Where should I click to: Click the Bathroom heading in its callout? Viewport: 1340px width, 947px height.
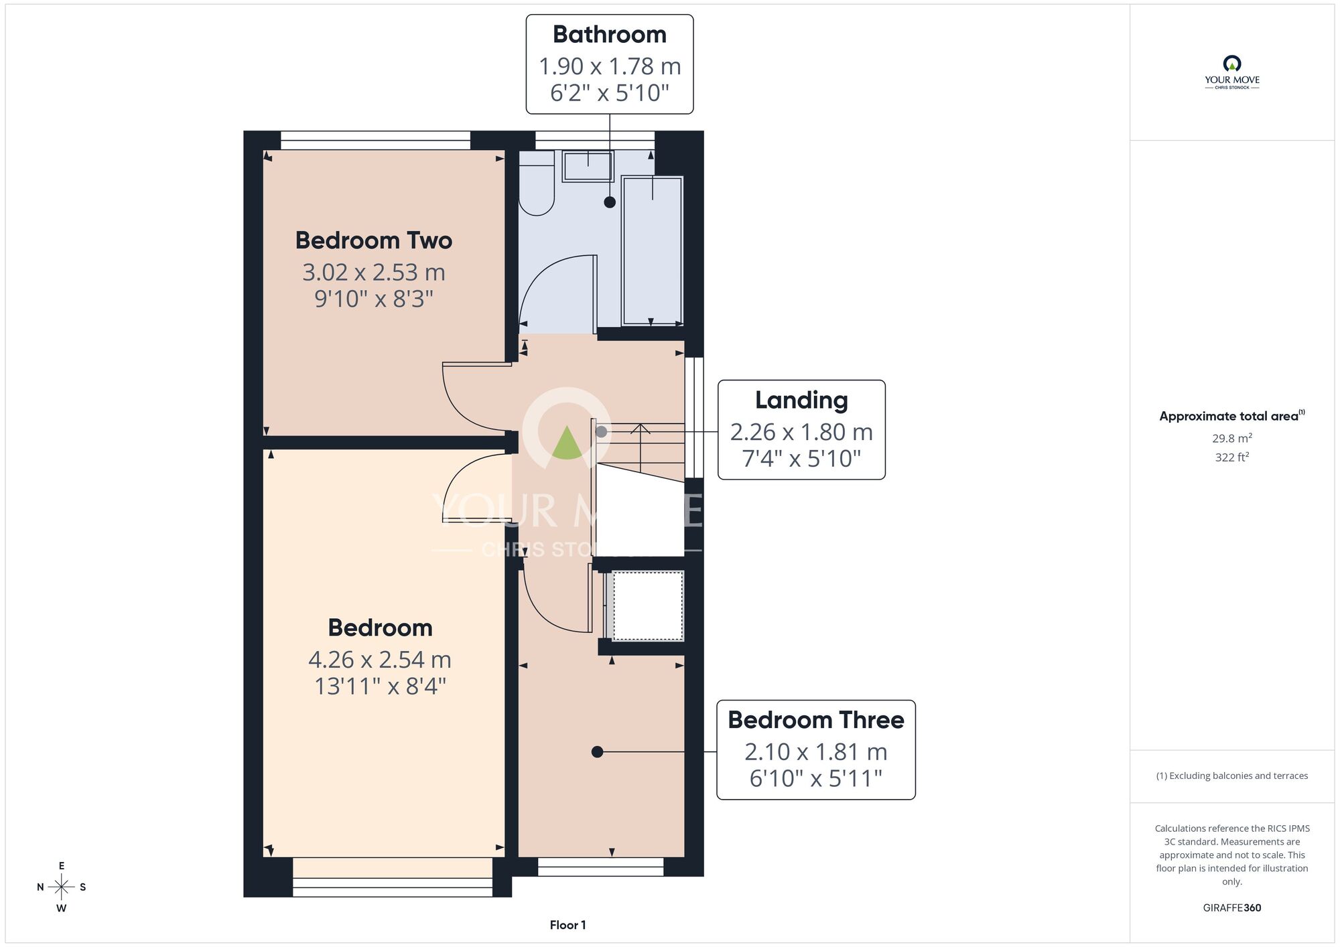point(610,35)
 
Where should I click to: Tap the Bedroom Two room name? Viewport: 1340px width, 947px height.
point(374,240)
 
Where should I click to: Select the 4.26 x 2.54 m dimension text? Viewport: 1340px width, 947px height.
point(380,660)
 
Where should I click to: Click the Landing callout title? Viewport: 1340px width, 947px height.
point(801,400)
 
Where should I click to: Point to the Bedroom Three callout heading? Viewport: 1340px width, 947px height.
point(816,720)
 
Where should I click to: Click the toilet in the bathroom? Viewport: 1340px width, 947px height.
point(537,182)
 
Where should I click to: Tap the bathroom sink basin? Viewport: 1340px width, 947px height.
point(588,166)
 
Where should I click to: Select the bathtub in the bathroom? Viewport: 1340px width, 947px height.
point(653,250)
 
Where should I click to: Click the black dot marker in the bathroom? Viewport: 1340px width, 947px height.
point(610,202)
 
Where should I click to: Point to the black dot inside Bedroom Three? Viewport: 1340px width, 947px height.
point(598,752)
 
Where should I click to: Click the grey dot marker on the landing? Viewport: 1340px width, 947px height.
point(602,432)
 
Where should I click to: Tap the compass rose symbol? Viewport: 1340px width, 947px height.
point(62,887)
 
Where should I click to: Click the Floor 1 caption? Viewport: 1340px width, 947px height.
point(567,925)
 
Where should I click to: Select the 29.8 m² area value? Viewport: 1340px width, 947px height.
point(1232,438)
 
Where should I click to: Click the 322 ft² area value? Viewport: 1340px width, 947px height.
point(1232,457)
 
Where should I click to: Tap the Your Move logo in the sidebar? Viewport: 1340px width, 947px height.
point(1232,72)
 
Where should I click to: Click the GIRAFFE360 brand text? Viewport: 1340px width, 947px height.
point(1232,908)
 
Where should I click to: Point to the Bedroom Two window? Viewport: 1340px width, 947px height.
point(376,140)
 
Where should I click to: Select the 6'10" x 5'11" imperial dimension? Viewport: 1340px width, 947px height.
point(816,778)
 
